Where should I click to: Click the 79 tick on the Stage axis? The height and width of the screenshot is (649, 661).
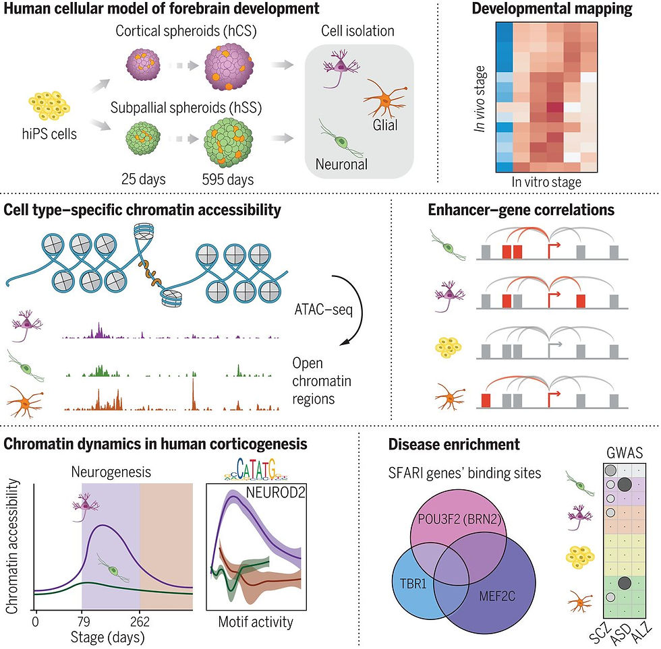point(81,602)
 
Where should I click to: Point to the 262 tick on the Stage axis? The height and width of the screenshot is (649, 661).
point(140,602)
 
